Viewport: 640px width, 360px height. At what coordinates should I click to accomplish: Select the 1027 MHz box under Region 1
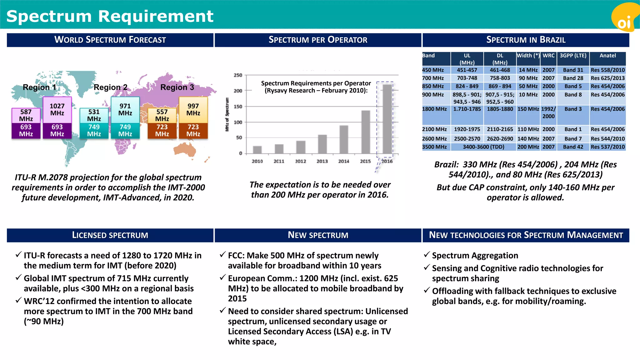[x=57, y=110]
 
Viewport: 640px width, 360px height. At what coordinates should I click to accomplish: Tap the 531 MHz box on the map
[x=94, y=115]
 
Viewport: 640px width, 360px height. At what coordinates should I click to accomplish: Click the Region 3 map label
[x=177, y=87]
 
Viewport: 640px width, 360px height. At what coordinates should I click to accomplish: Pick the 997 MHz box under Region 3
[x=193, y=110]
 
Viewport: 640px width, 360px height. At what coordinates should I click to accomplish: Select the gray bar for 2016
[x=387, y=119]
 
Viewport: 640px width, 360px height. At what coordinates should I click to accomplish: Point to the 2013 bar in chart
[x=322, y=144]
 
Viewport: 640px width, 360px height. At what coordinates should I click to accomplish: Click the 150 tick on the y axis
[x=238, y=107]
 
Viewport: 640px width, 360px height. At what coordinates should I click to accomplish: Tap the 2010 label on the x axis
[x=257, y=161]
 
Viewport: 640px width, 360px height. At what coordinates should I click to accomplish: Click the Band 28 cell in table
[x=573, y=78]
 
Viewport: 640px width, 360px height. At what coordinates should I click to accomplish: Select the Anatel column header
[x=607, y=56]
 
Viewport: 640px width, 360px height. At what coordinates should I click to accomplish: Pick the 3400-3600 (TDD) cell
[x=483, y=147]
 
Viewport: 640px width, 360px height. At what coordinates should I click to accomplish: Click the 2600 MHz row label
[x=434, y=139]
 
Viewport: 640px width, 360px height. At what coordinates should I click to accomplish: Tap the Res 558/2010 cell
[x=607, y=70]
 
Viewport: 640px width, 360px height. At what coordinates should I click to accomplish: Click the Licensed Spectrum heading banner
[x=110, y=235]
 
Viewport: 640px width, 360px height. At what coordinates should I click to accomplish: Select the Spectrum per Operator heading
[x=318, y=40]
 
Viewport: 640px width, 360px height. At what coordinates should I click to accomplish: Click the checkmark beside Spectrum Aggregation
[x=427, y=255]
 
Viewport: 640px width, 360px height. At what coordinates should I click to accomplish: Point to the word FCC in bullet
[x=236, y=256]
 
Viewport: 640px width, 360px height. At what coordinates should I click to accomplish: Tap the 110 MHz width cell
[x=528, y=129]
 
